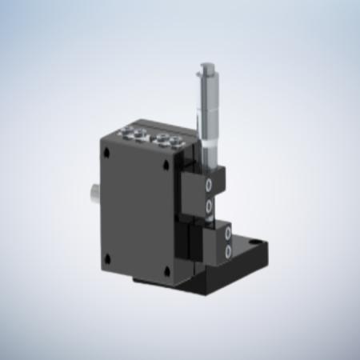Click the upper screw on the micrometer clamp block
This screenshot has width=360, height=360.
pyautogui.click(x=210, y=186)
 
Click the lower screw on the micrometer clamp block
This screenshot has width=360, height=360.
pyautogui.click(x=210, y=206)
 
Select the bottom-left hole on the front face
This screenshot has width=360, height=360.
pyautogui.click(x=106, y=257)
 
